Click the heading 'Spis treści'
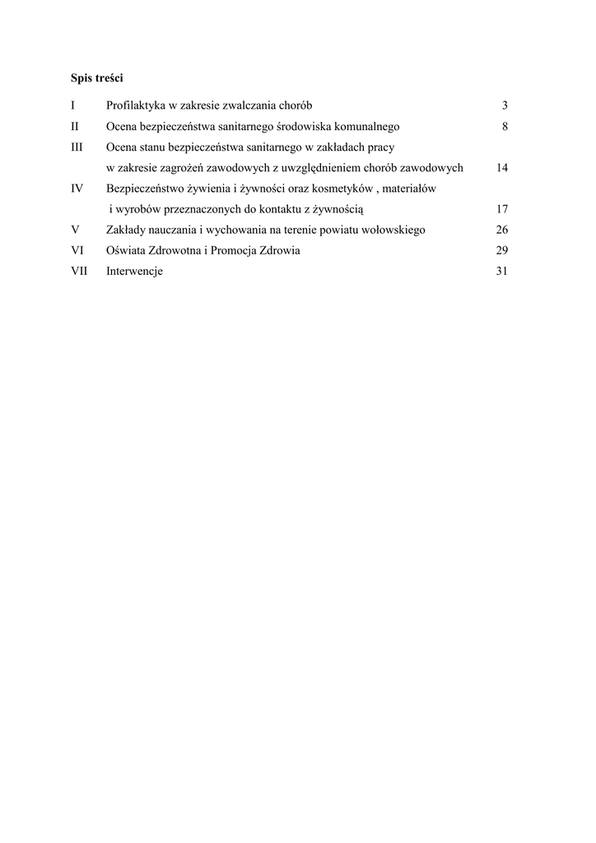[97, 78]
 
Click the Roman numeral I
[73, 105]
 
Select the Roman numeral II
[75, 127]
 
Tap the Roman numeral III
[77, 147]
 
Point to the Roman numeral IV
[77, 189]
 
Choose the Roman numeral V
[75, 230]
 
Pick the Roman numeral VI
[77, 250]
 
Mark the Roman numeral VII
[80, 272]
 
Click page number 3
[505, 105]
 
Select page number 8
[505, 127]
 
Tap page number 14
[502, 168]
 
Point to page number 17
[502, 209]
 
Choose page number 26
[502, 230]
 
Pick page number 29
[502, 250]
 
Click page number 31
[502, 272]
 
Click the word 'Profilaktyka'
[135, 105]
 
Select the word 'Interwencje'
[134, 272]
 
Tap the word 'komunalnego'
[368, 127]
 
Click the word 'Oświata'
[124, 250]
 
